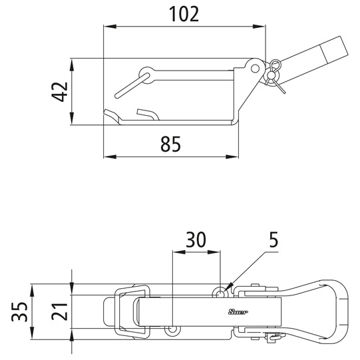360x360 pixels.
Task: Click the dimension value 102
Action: (x=184, y=14)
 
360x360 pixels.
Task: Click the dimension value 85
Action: (x=170, y=144)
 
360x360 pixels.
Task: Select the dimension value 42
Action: (x=60, y=92)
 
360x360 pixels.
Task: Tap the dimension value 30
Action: (x=196, y=240)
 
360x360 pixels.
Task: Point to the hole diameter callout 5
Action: (x=273, y=240)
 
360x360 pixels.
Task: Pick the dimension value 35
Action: (x=20, y=312)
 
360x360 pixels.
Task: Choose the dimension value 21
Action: (x=59, y=312)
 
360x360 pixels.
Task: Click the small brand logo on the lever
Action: (x=238, y=312)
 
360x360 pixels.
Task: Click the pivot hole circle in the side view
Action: (x=255, y=69)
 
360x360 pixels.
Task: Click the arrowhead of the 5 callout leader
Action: (x=228, y=289)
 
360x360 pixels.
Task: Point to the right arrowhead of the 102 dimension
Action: (x=260, y=27)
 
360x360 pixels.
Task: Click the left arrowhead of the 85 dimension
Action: (x=110, y=157)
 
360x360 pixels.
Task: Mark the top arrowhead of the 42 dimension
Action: (x=72, y=65)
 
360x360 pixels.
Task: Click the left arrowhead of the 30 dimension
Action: (x=179, y=252)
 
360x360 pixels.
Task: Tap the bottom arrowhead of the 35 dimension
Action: (x=32, y=333)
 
